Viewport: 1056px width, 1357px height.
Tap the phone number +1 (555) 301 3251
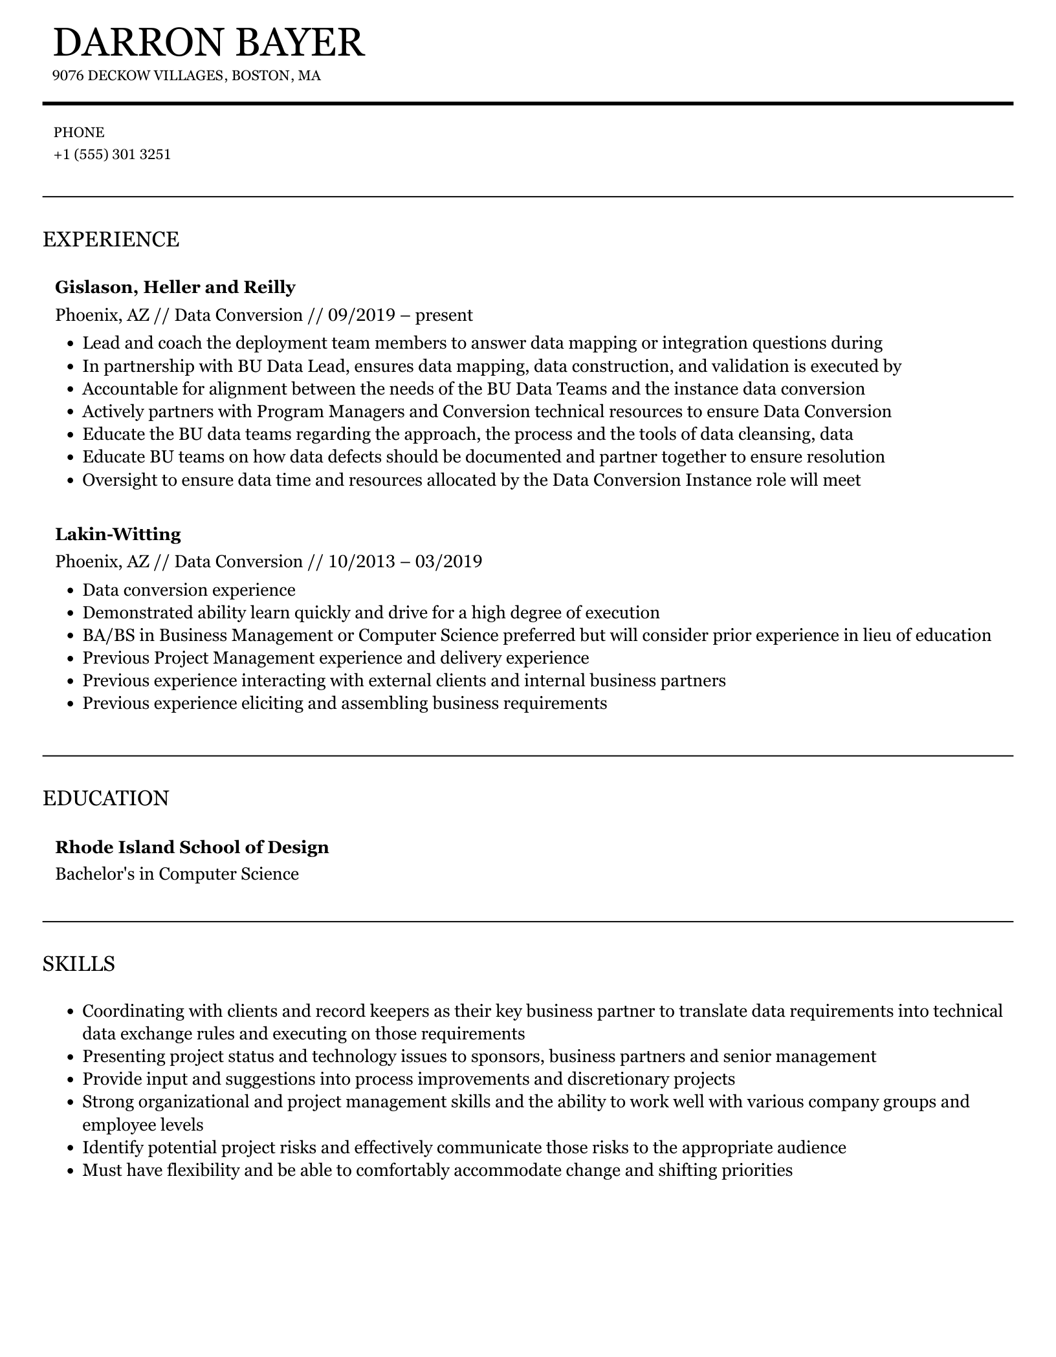click(x=112, y=155)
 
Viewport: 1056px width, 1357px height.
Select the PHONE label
click(x=79, y=133)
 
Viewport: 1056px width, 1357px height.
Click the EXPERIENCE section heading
click(x=111, y=239)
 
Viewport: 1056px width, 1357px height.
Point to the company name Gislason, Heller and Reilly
click(x=175, y=287)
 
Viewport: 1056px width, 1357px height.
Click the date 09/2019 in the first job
click(x=361, y=315)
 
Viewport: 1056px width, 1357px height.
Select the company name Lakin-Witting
click(x=118, y=534)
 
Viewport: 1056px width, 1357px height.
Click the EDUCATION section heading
click(x=105, y=798)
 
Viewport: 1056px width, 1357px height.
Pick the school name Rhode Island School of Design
click(x=192, y=847)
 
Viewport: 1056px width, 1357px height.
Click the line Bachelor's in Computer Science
click(x=177, y=874)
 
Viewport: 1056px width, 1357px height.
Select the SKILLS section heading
click(x=79, y=964)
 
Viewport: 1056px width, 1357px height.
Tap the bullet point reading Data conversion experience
click(x=189, y=590)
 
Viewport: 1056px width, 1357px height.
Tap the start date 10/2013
click(x=361, y=561)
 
